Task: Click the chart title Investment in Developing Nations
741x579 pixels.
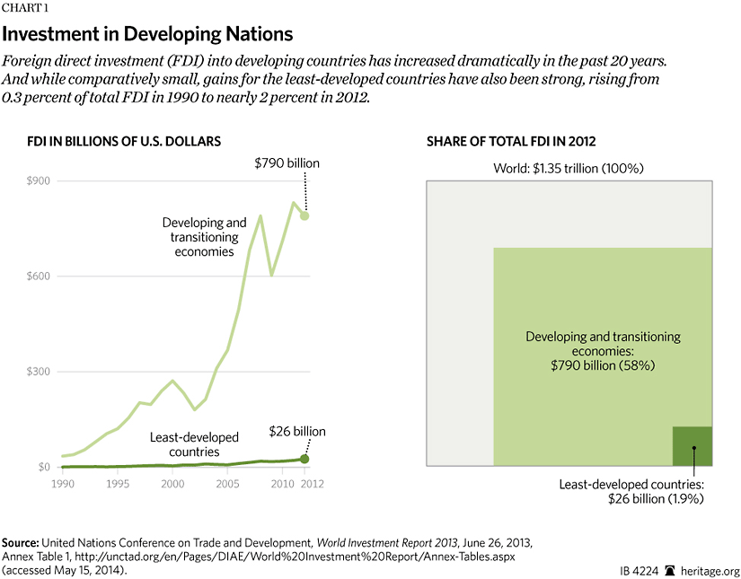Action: tap(148, 35)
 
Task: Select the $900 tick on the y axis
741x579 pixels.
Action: tap(35, 181)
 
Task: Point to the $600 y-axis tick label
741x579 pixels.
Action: tap(35, 276)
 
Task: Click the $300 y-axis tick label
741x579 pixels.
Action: tap(35, 372)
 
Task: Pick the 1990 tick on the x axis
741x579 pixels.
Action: tap(62, 484)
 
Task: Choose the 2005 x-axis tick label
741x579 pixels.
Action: tap(227, 484)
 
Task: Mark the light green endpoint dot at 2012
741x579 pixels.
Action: tap(305, 215)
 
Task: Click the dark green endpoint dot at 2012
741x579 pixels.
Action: tap(304, 459)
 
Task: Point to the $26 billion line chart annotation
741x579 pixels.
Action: tap(297, 432)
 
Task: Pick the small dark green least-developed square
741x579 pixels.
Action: tap(692, 446)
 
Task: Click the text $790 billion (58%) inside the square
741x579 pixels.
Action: tap(603, 367)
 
